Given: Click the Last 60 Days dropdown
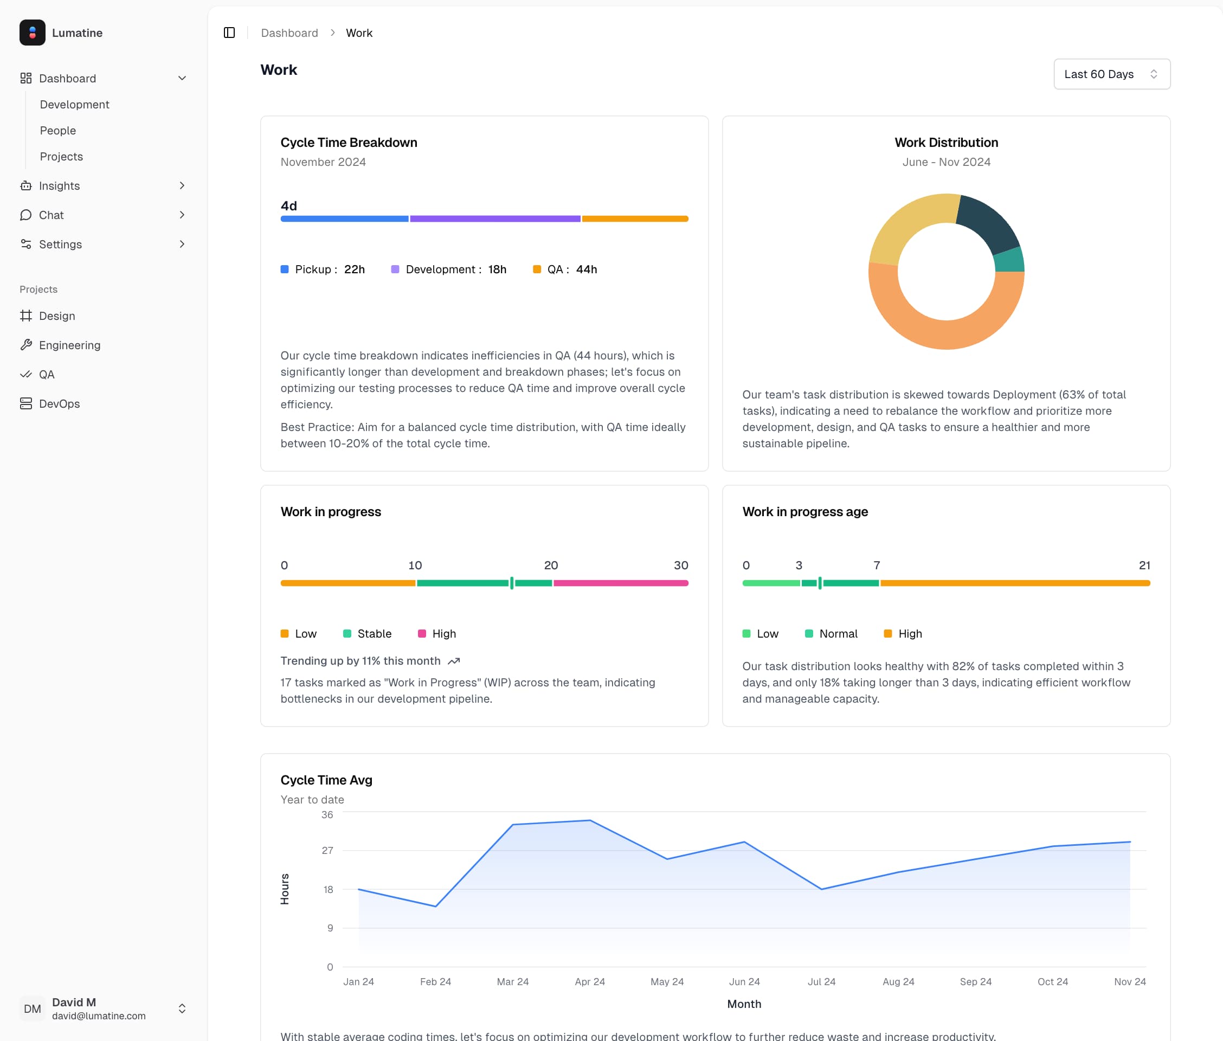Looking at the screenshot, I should click(x=1111, y=74).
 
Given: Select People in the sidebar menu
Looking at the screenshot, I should click(x=58, y=131).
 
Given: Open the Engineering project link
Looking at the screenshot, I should click(x=69, y=345).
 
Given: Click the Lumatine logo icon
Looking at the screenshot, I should click(x=33, y=33).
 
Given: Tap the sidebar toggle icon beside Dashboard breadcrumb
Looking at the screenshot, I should click(x=229, y=33).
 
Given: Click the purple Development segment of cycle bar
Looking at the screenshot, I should click(x=494, y=219).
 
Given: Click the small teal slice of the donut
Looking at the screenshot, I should click(x=1009, y=260).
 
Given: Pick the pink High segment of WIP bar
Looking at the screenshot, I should click(x=620, y=583).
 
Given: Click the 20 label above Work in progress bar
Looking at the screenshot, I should click(x=550, y=565).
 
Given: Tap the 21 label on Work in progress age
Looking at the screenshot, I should click(x=1144, y=565).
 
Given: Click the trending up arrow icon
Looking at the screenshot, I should click(x=454, y=661).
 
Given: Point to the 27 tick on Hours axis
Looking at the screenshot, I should click(x=327, y=850).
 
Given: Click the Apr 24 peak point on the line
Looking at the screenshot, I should click(x=590, y=820).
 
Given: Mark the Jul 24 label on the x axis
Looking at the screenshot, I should click(x=821, y=981).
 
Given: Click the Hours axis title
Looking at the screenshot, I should click(x=285, y=889).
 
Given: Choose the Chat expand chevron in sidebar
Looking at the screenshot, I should click(x=182, y=215).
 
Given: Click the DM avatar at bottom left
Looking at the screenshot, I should click(x=33, y=1008).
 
